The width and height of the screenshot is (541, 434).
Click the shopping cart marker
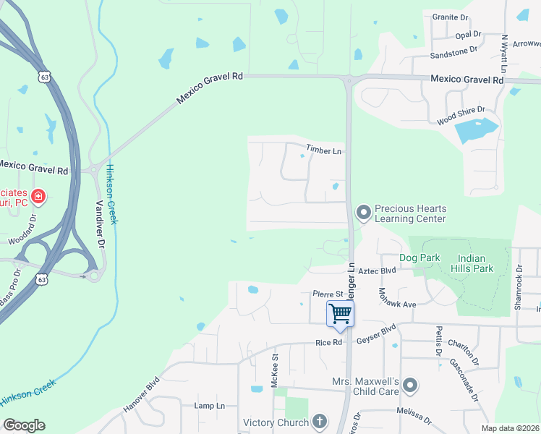coord(340,314)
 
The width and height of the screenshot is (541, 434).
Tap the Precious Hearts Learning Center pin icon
coord(363,213)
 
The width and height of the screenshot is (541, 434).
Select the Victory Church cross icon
coord(320,422)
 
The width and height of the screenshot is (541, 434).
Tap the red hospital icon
coord(38,195)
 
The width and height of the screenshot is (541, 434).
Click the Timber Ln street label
coord(323,150)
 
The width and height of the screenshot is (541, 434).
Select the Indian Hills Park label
coord(475,263)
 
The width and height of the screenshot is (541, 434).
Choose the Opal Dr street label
coord(468,34)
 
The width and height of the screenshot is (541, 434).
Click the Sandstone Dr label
coord(453,52)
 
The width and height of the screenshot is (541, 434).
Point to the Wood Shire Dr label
coord(460,116)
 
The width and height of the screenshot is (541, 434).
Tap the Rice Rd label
coord(328,343)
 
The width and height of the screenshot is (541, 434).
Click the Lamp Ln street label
coord(210,406)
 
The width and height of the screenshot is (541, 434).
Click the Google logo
coord(24,425)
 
